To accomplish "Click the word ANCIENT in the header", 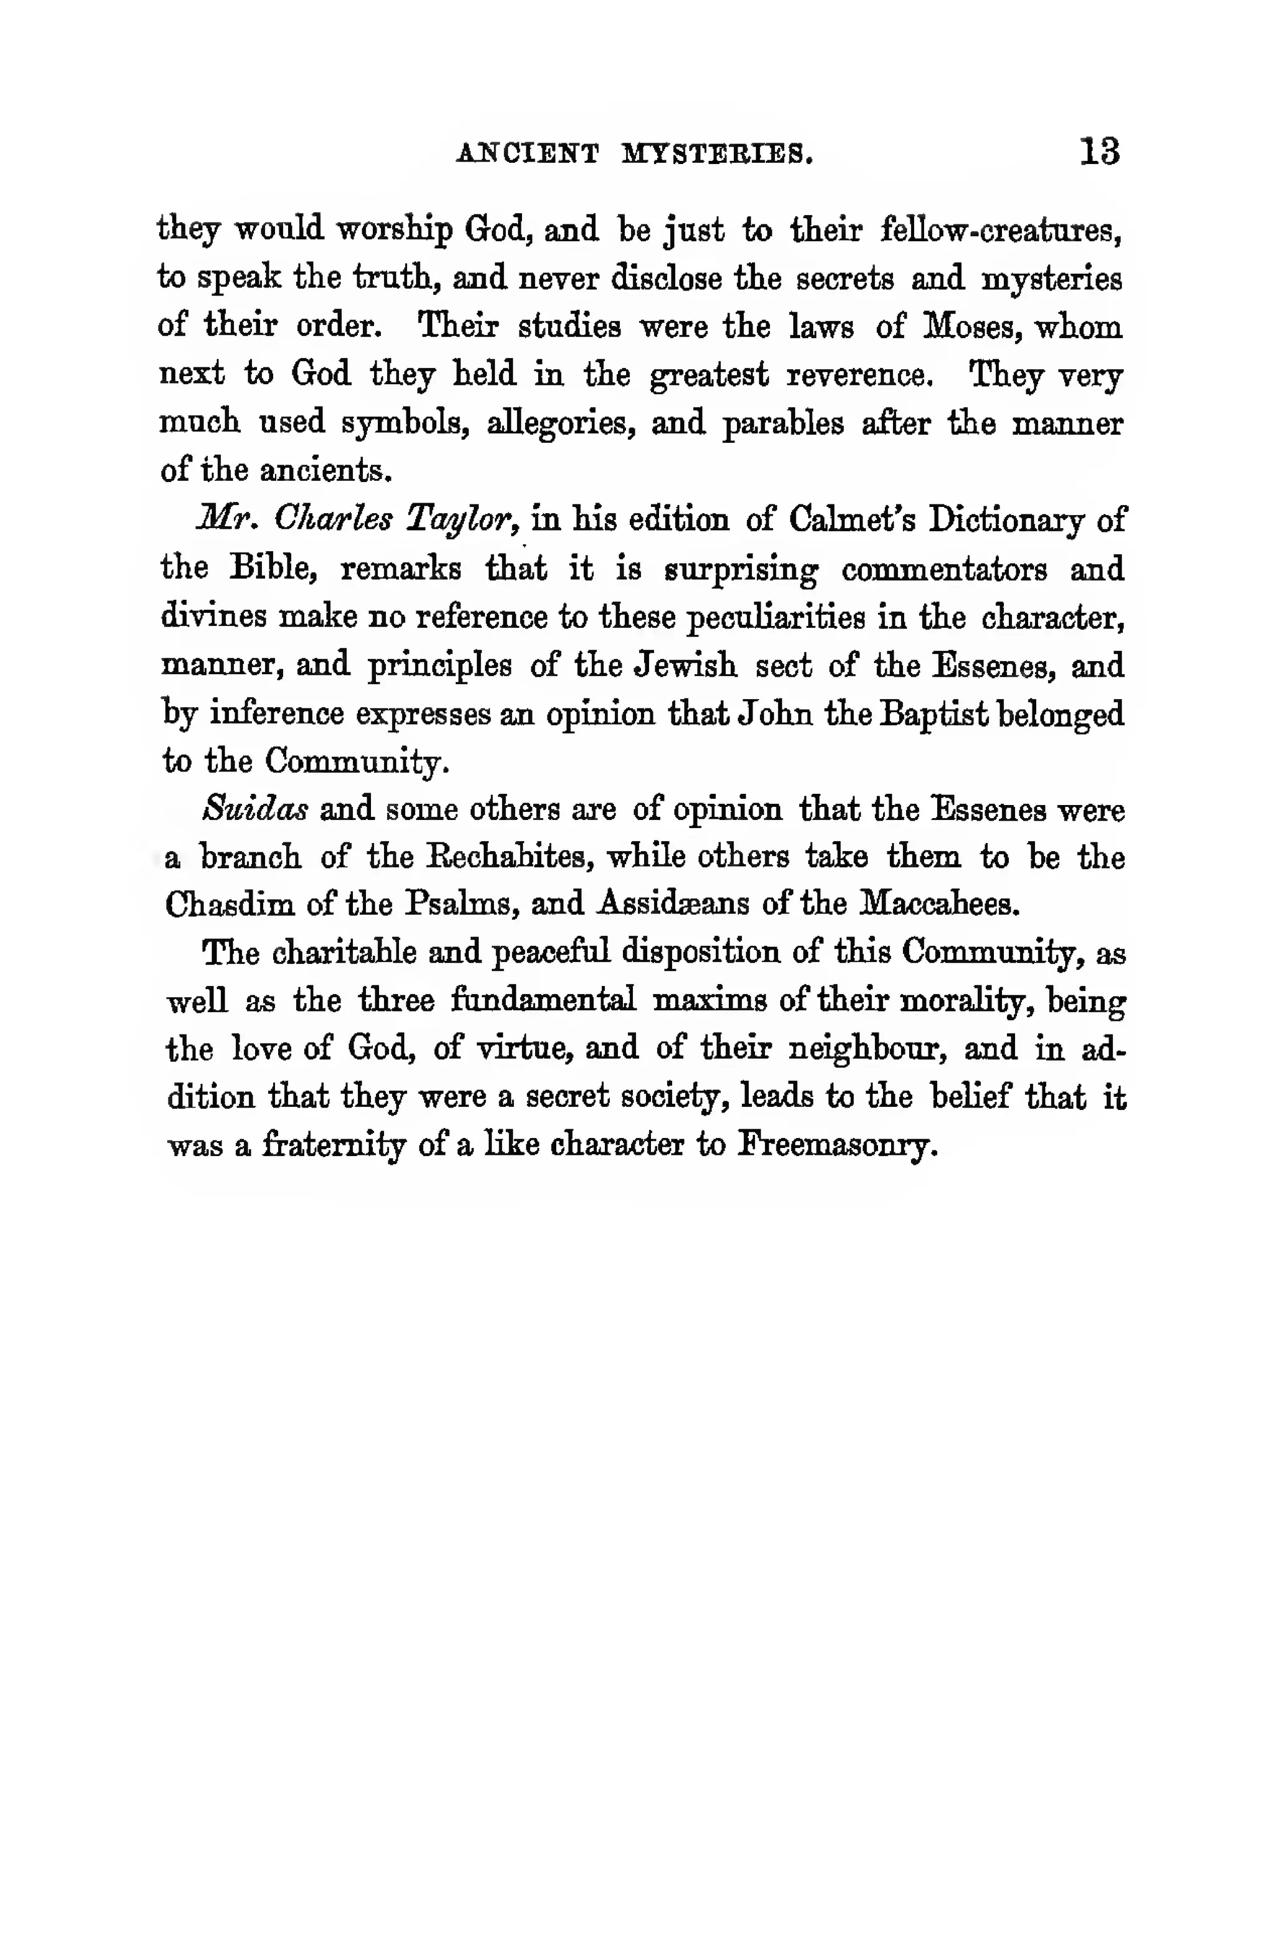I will pyautogui.click(x=527, y=153).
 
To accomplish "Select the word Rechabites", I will pyautogui.click(x=517, y=857).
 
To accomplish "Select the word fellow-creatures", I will pyautogui.click(x=1000, y=229).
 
